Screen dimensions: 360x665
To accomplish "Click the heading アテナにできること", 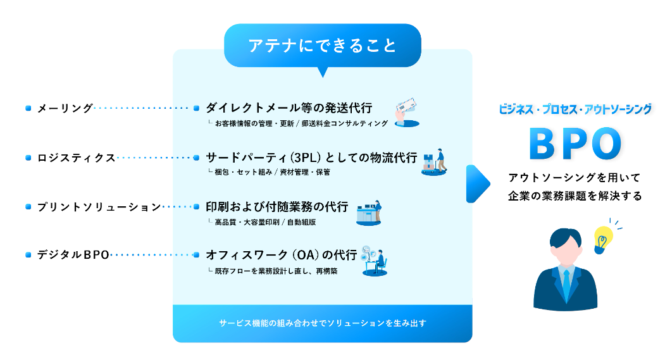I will [x=322, y=46].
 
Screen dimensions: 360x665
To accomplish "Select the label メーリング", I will [x=65, y=108].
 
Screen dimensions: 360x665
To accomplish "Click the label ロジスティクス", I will [x=76, y=158].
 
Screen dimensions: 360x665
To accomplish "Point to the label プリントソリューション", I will [x=98, y=207].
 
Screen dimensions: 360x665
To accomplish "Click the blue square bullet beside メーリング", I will [x=28, y=108].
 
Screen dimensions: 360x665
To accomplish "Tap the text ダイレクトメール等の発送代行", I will [x=289, y=107].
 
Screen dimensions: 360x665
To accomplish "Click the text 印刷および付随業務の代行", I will [x=277, y=206].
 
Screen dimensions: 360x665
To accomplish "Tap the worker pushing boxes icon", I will [x=435, y=161].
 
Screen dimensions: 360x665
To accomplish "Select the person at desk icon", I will [x=373, y=261].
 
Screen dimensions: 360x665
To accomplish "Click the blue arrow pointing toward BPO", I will [x=478, y=184].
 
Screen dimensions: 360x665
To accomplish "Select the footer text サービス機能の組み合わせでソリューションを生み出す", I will [x=322, y=323].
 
